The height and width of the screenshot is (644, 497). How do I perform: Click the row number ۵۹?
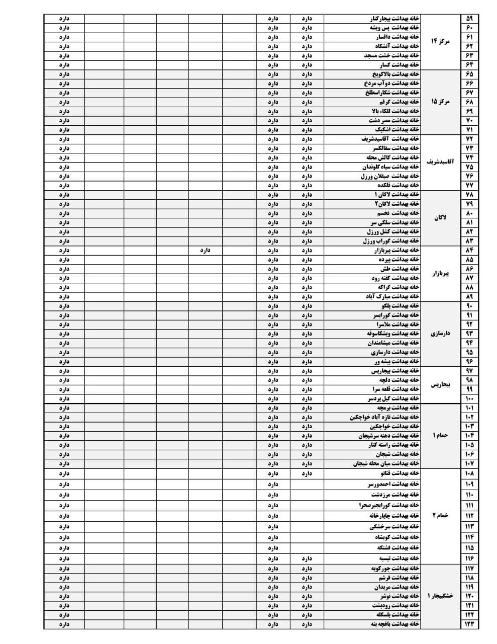point(469,19)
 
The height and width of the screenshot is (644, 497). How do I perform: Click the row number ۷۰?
point(469,121)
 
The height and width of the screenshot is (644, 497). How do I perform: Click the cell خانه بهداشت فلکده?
point(399,185)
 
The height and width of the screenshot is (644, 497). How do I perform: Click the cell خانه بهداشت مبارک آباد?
point(392,297)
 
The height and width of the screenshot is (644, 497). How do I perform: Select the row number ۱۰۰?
point(469,399)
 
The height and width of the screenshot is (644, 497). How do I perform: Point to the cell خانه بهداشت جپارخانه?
point(394,516)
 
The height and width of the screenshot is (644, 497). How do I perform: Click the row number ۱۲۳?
point(469,624)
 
